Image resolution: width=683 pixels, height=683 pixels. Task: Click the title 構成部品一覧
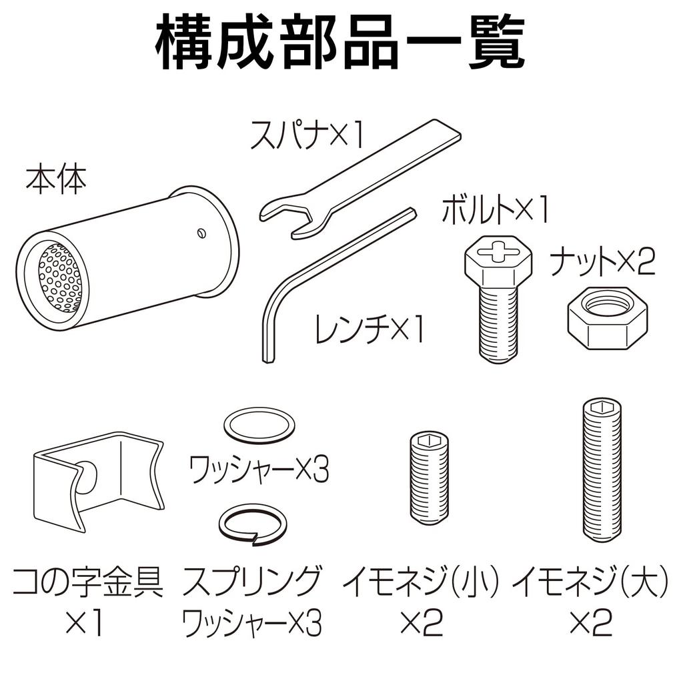341,45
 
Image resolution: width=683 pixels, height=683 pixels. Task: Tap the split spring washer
253,524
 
